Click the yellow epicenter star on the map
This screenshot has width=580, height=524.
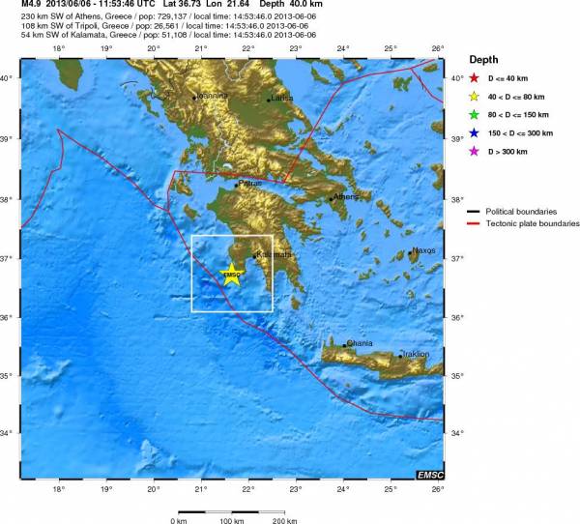[232, 275]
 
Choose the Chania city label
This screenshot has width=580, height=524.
[360, 342]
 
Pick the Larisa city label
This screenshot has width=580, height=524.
[281, 98]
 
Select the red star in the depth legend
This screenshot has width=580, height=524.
[474, 78]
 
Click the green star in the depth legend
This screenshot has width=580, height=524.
[474, 114]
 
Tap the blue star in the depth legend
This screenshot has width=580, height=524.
[474, 132]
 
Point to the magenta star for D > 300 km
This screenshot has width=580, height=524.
[474, 151]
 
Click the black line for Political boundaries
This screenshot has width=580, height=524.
[474, 210]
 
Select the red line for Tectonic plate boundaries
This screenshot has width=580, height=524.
[474, 223]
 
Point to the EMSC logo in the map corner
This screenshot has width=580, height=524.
[431, 474]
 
